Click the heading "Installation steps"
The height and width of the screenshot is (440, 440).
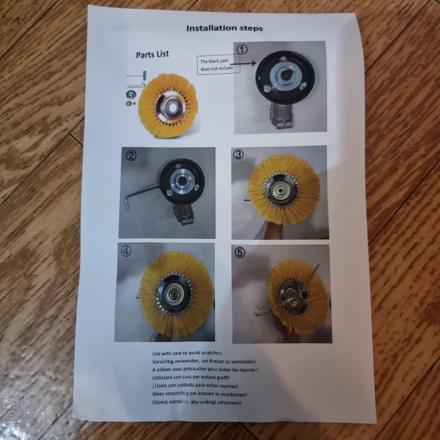(224, 28)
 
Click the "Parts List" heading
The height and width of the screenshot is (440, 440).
(153, 54)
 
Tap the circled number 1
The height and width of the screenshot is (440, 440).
(242, 50)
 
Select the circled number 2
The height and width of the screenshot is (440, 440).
(131, 155)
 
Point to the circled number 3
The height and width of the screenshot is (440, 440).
(239, 154)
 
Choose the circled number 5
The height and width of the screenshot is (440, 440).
(240, 253)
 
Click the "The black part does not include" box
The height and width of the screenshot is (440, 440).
(219, 65)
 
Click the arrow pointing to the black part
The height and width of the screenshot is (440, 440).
(243, 64)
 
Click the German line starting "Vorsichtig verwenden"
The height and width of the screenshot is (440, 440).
(204, 361)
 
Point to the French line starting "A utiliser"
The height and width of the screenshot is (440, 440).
(205, 370)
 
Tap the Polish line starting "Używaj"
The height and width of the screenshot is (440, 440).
(197, 402)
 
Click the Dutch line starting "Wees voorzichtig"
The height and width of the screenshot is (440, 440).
(199, 394)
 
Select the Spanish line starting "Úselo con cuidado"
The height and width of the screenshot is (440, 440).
(195, 386)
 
